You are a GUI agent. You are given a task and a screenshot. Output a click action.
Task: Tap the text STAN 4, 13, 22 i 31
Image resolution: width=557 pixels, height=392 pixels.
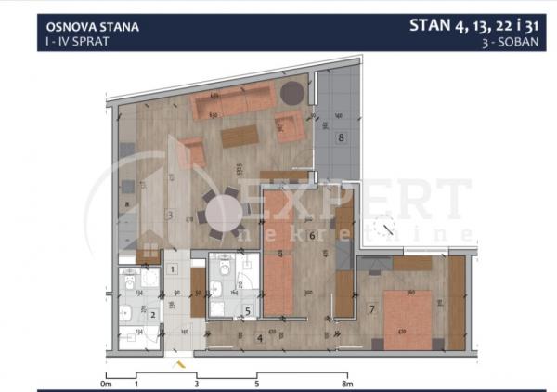pos(477,25)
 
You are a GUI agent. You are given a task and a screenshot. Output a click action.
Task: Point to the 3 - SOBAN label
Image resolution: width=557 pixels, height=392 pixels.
pos(517,43)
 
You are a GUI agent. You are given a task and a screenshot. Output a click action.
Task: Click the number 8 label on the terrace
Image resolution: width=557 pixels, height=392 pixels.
pos(341,138)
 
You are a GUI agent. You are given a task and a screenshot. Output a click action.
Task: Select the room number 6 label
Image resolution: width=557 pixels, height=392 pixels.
pos(313,236)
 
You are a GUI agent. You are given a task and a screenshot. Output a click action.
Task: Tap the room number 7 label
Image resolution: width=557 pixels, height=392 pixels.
pos(371,307)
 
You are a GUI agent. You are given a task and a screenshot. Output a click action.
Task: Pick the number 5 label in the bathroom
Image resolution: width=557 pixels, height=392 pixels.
pos(246,310)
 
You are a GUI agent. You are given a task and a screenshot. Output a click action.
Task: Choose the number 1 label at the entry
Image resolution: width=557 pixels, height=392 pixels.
pos(174,270)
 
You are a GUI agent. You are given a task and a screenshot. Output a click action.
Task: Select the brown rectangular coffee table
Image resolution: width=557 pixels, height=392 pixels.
pos(241,137)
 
